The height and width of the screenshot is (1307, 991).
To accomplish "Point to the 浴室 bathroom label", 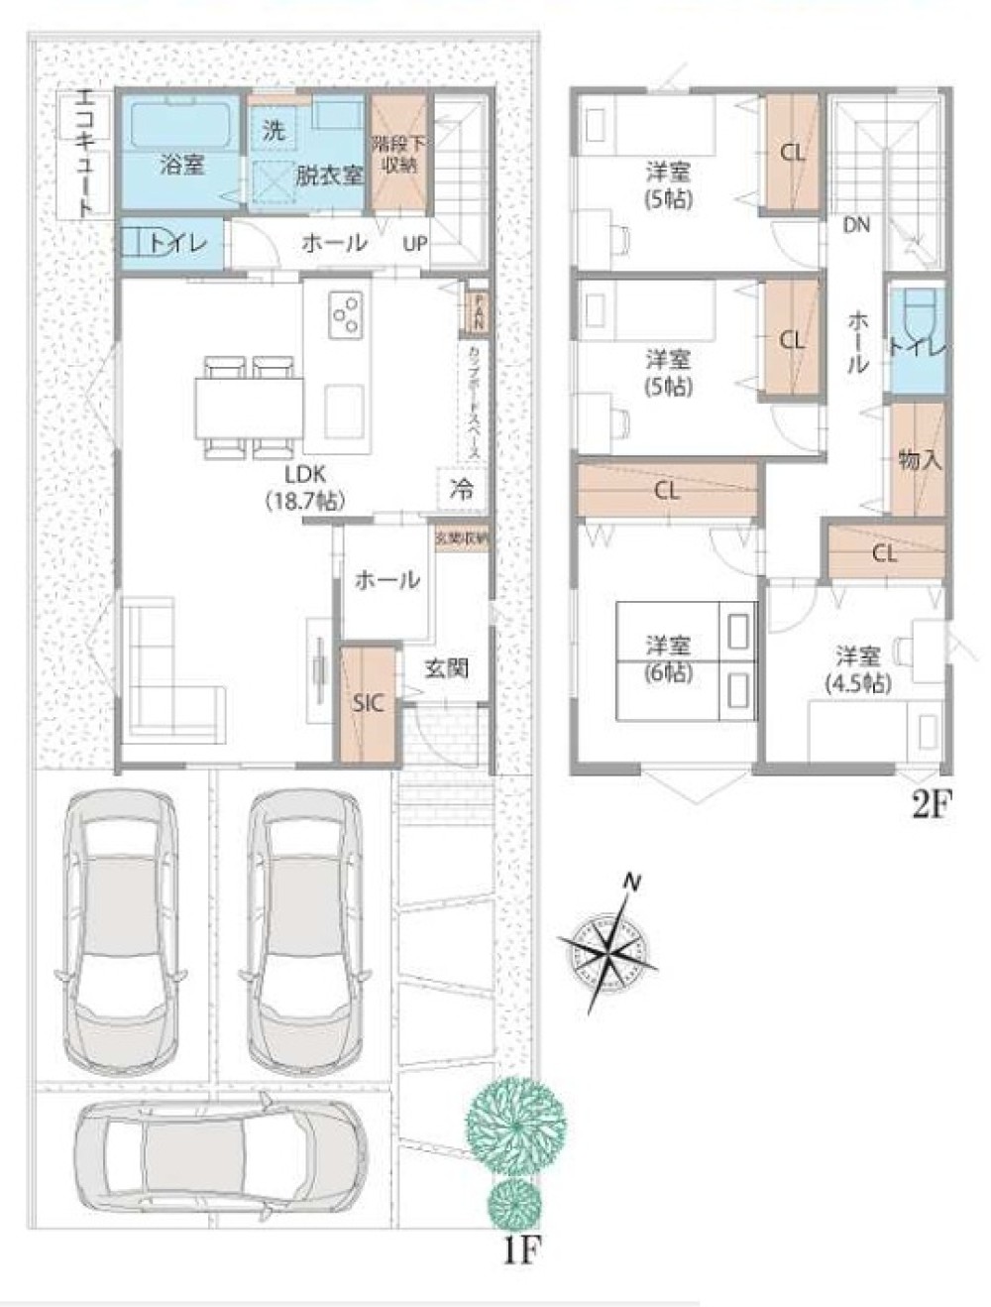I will click(x=181, y=165).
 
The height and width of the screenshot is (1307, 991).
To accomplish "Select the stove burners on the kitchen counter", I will click(x=346, y=314).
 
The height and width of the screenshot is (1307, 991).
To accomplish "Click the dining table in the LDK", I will click(x=249, y=408).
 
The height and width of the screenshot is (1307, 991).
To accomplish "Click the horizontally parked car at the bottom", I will click(x=220, y=1158).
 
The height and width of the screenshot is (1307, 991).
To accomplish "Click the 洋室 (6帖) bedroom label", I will click(x=669, y=658).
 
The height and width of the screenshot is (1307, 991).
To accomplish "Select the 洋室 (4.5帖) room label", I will click(x=857, y=668).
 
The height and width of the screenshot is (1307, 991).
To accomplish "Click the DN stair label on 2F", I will click(x=856, y=225).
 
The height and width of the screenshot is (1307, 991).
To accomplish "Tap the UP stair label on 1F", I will click(x=414, y=242).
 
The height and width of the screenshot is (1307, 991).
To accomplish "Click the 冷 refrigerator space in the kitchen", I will click(x=461, y=488).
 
